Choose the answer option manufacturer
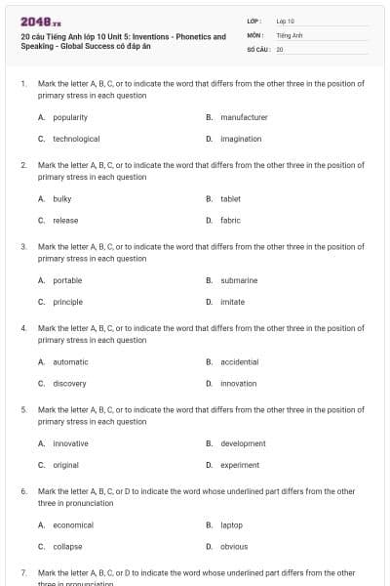click(244, 117)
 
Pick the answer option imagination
click(241, 139)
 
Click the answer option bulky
click(62, 198)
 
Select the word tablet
click(230, 198)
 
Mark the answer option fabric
click(230, 220)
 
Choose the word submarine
click(239, 280)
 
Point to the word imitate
click(232, 302)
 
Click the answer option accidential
click(240, 362)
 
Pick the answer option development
click(243, 443)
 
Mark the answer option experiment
click(240, 465)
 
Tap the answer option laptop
click(231, 524)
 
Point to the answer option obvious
click(234, 546)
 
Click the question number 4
click(23, 329)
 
